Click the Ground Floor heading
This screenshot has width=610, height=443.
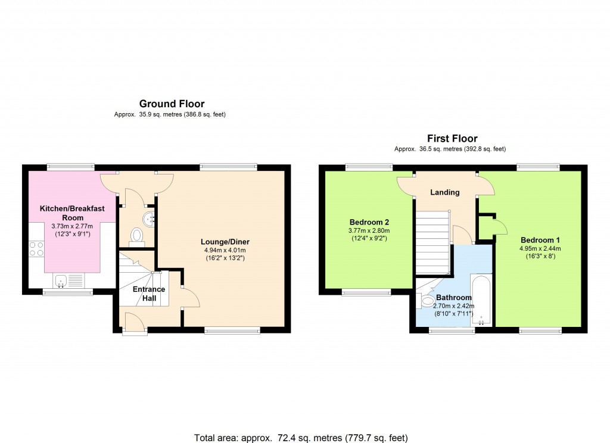click(172, 104)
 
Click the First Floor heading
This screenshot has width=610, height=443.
click(452, 139)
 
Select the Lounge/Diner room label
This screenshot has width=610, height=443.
click(225, 242)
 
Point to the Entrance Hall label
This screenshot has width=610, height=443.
click(148, 294)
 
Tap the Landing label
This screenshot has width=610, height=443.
click(445, 192)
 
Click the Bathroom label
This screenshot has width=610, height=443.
click(453, 297)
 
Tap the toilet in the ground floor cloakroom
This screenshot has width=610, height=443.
click(137, 236)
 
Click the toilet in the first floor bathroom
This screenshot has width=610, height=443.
click(427, 301)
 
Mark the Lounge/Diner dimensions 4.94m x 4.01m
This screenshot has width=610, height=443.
click(225, 250)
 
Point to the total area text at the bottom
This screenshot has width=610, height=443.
click(301, 438)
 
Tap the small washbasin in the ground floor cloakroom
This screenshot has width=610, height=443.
click(151, 217)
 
